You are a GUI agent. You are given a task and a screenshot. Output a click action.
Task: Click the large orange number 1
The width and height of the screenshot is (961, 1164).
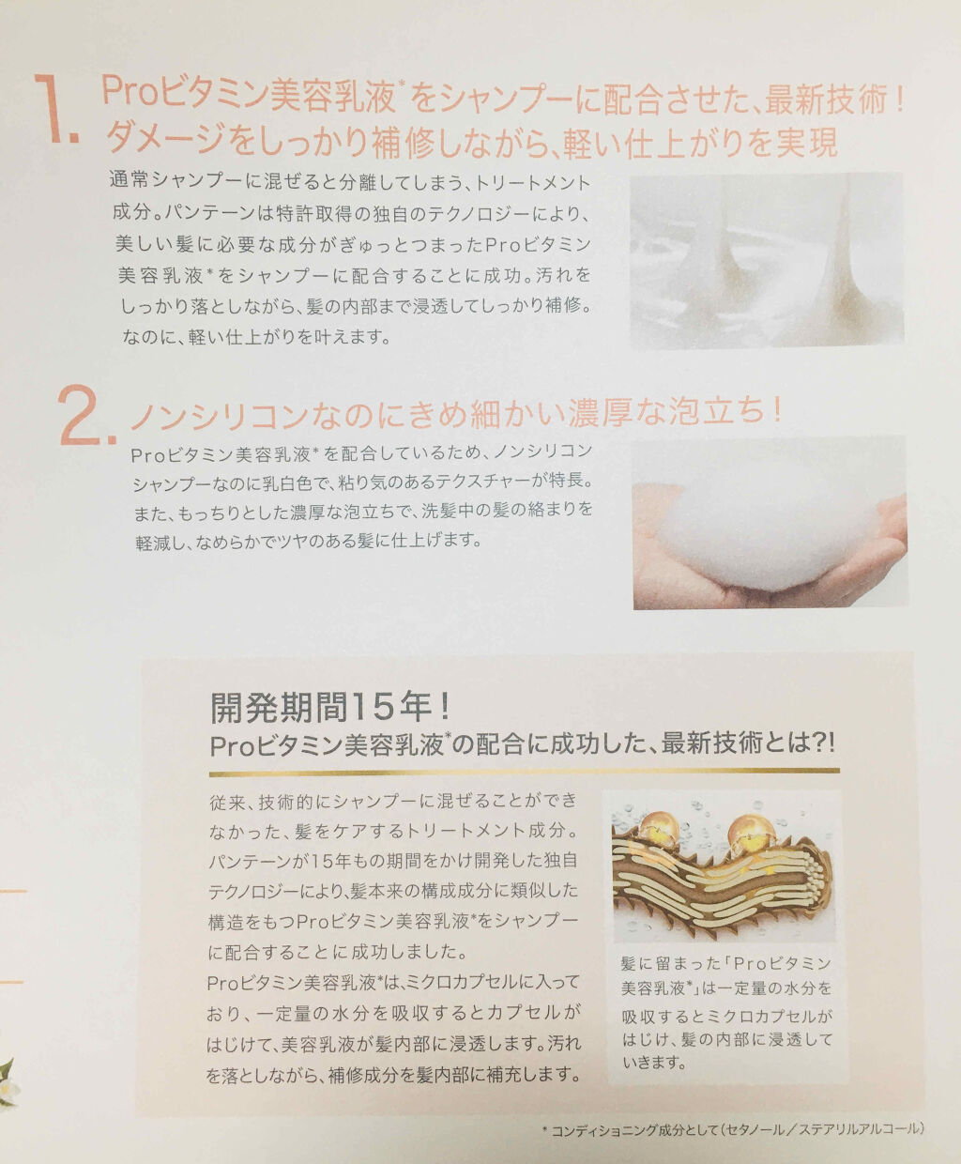click(x=54, y=108)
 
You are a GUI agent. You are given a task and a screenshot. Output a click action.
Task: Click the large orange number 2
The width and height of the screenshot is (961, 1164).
click(x=86, y=415)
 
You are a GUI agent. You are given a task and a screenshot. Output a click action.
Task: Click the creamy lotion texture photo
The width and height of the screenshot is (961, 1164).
click(x=766, y=261)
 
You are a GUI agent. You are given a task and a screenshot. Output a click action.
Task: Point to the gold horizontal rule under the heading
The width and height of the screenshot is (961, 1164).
click(x=525, y=772)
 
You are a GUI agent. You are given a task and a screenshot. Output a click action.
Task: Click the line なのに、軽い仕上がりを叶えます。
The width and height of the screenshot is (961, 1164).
click(x=256, y=336)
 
